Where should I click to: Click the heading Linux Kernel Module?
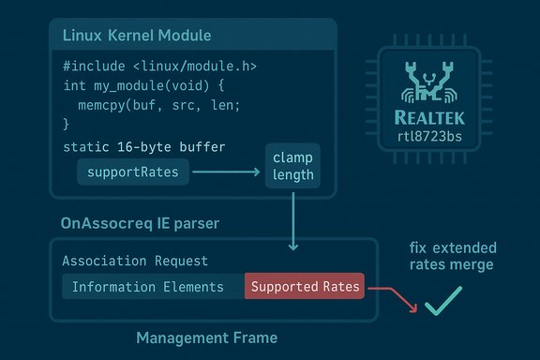[136, 36]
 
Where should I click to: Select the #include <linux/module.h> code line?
[159, 67]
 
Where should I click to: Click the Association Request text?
[134, 261]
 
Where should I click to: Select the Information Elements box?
[148, 287]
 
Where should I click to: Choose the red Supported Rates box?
[306, 287]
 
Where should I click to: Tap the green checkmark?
[442, 302]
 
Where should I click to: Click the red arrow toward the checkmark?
[394, 298]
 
